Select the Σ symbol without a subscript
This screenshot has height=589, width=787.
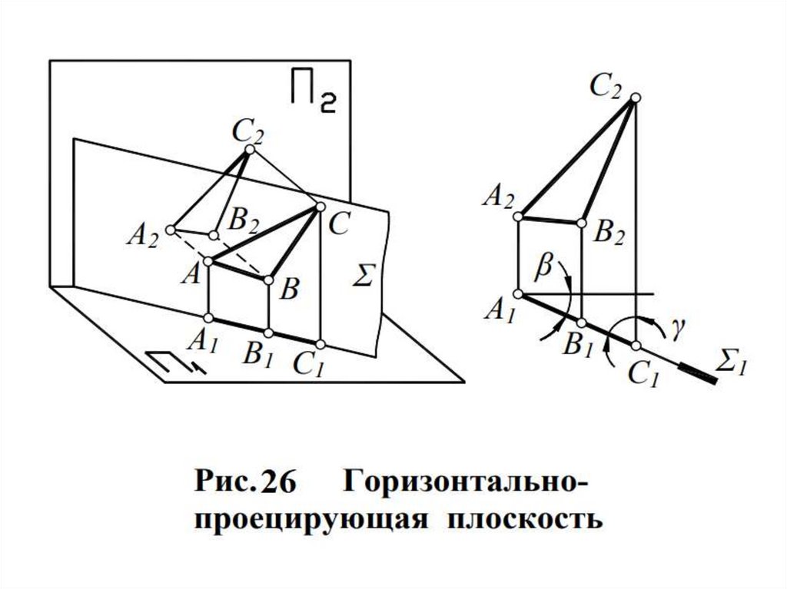point(362,275)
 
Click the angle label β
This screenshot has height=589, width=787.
point(545,265)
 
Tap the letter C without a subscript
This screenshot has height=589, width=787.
point(339,225)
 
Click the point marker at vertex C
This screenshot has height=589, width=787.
point(320,206)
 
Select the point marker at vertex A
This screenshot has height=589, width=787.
point(208,262)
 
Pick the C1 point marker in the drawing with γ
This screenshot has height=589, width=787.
point(636,345)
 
